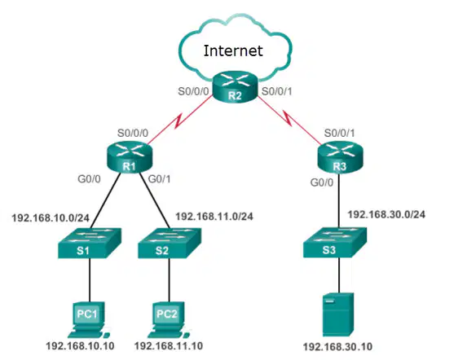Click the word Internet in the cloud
233,50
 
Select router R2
235,87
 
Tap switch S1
90,243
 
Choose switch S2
170,243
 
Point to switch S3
335,243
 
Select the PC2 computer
168,320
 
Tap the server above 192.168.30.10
338,314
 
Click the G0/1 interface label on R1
160,179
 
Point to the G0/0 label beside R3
322,182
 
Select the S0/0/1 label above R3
339,133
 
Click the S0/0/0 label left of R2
193,91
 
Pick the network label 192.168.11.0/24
214,217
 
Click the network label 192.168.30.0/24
386,214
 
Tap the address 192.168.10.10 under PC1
80,346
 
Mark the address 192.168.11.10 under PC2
169,346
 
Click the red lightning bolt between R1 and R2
180,120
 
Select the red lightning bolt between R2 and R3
289,118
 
